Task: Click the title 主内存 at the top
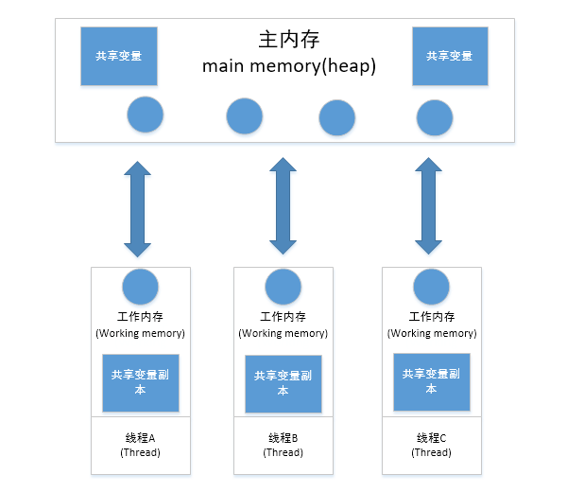(x=289, y=41)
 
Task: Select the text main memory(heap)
(x=289, y=67)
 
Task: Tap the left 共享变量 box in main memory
(x=119, y=56)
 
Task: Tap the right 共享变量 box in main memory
(x=450, y=56)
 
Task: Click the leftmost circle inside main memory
(x=145, y=115)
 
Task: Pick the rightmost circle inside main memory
(x=435, y=117)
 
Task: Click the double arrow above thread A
(x=138, y=209)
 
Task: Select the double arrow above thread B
(x=283, y=205)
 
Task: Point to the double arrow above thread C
(x=430, y=206)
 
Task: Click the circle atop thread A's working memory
(x=141, y=287)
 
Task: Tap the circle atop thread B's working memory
(x=283, y=287)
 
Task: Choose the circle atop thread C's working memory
(x=432, y=287)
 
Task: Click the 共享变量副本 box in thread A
(x=141, y=381)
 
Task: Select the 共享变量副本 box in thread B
(x=283, y=383)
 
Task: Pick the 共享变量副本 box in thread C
(x=432, y=381)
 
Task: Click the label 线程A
(x=140, y=438)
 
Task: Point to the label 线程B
(x=283, y=438)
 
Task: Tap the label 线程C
(x=431, y=438)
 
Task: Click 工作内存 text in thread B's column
(x=283, y=317)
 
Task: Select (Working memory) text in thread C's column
(x=431, y=333)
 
